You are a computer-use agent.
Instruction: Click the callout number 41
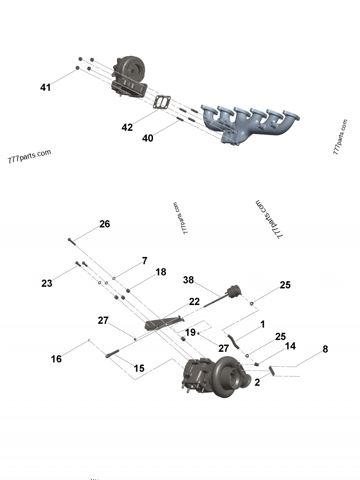click(45, 88)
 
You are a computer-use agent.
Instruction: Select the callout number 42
click(127, 128)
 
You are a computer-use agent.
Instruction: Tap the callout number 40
click(148, 139)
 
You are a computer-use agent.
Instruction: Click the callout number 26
click(104, 224)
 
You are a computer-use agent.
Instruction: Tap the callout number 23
click(47, 283)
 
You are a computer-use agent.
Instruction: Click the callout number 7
click(144, 260)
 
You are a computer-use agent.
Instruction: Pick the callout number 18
click(161, 272)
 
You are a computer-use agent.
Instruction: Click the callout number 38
click(188, 280)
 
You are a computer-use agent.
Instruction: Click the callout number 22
click(194, 302)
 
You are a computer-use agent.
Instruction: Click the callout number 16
click(56, 359)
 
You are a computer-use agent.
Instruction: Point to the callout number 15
click(139, 368)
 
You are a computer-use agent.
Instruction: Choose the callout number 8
click(325, 349)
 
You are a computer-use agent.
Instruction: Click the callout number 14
click(290, 346)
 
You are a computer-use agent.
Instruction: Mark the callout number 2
click(257, 383)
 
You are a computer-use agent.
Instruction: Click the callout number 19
click(190, 332)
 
